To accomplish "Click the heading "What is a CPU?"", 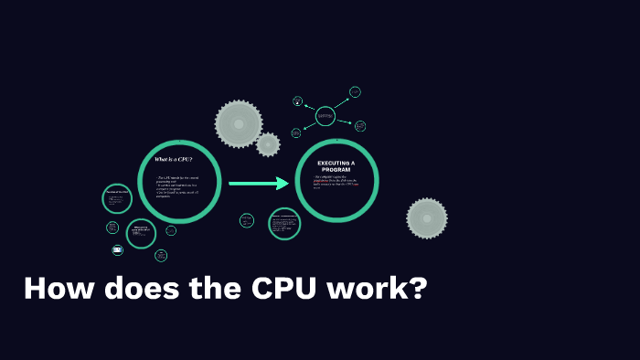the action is point(173,160).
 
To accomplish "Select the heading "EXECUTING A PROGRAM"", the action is point(336,165).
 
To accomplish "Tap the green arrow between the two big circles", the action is point(258,184).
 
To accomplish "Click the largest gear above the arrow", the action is point(239,123).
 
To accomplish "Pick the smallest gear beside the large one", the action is point(268,144).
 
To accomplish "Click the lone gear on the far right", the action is point(427,219).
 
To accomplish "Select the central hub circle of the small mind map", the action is point(325,116).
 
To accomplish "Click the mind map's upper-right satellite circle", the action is point(355,92).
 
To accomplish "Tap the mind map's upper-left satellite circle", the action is point(297,101).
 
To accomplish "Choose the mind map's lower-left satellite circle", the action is point(296,132).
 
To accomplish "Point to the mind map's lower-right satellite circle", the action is point(360,126).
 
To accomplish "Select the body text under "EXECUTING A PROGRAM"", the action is point(336,183).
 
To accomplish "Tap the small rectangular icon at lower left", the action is point(117,249).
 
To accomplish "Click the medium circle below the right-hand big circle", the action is point(284,224).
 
